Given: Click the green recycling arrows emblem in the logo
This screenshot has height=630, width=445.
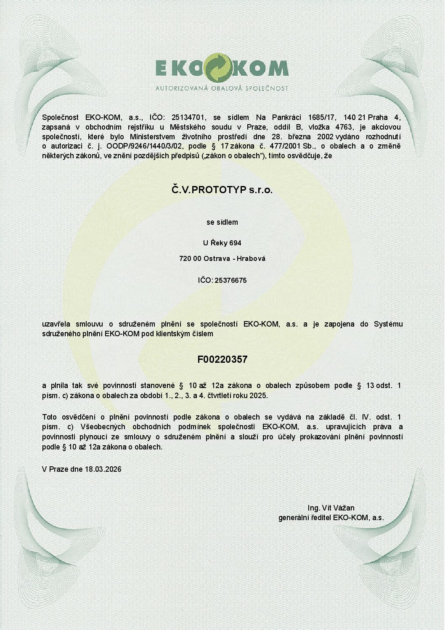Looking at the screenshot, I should tap(218, 67).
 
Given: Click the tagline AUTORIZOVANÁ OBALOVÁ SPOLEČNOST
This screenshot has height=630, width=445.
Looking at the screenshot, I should tap(222, 88).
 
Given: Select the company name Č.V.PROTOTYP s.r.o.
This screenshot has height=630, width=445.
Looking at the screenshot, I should tap(222, 190).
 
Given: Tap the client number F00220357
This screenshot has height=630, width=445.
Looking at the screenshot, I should tap(222, 359).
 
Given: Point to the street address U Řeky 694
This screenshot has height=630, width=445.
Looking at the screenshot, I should tap(222, 243).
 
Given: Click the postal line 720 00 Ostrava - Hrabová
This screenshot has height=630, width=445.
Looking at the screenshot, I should tap(222, 258).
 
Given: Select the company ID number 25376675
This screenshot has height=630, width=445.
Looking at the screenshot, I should tap(230, 280).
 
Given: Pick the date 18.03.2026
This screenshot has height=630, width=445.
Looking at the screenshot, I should tap(103, 469).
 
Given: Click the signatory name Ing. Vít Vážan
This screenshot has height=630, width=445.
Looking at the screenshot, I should tap(331, 508).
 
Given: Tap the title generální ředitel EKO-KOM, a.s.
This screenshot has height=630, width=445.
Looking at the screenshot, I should tap(331, 518).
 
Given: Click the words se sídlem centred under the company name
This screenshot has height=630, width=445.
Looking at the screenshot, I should tap(222, 222).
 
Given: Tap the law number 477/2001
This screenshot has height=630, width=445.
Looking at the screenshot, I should tap(286, 146).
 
